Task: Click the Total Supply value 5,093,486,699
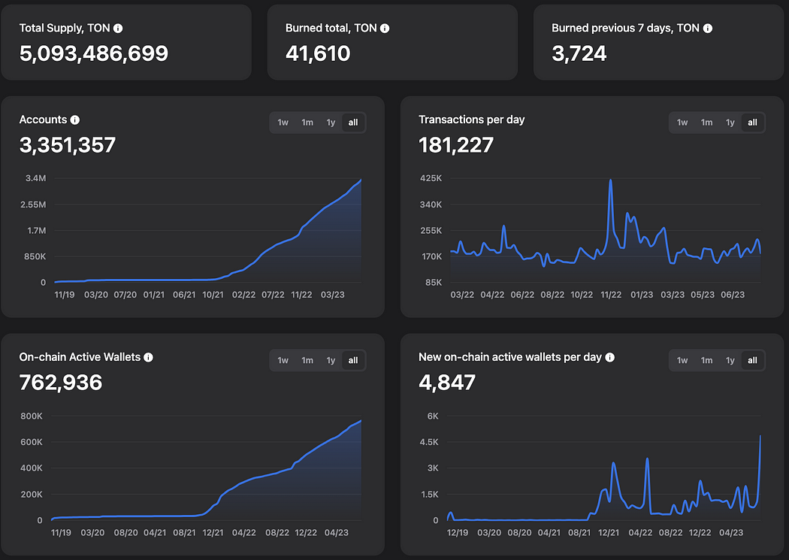click(x=94, y=53)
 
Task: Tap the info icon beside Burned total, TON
click(x=385, y=29)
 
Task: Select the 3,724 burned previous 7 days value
click(x=579, y=53)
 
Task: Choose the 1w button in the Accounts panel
click(x=283, y=123)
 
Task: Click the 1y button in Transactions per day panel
click(x=730, y=123)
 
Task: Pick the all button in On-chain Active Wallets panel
click(x=353, y=361)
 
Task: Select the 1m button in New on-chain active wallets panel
click(x=706, y=361)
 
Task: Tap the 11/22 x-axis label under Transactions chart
click(x=610, y=295)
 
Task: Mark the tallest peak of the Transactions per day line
click(x=610, y=180)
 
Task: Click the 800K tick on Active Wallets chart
click(x=31, y=416)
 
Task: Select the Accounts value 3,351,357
click(x=68, y=145)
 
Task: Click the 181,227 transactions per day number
click(x=456, y=145)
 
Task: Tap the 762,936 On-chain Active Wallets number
click(x=61, y=383)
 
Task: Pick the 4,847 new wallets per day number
click(x=447, y=383)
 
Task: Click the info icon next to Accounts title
click(x=75, y=120)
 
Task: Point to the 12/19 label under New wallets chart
click(x=458, y=532)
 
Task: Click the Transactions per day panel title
click(x=471, y=120)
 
